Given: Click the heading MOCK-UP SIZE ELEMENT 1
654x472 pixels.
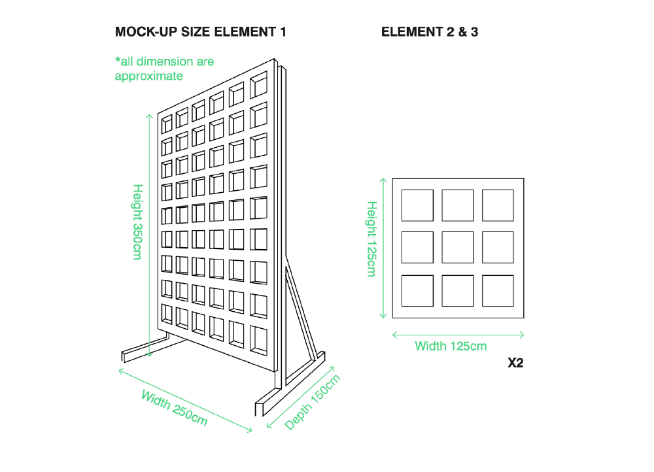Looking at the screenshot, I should tap(200, 32).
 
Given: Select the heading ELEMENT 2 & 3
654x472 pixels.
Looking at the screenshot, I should tap(429, 32).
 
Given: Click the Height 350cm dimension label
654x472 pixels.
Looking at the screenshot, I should tap(137, 222).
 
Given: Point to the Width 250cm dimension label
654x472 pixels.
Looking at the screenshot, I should tap(174, 408).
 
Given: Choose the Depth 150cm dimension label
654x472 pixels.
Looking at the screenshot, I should tap(313, 403).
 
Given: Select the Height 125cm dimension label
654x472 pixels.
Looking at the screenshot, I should tap(371, 239).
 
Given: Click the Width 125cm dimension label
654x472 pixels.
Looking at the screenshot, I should tap(451, 346).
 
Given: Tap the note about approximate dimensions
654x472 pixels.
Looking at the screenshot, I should tap(164, 69).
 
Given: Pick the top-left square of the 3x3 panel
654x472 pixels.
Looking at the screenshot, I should tap(417, 205).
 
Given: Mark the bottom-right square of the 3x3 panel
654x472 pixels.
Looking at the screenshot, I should tap(498, 291).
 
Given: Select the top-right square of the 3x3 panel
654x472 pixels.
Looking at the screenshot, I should tap(498, 205).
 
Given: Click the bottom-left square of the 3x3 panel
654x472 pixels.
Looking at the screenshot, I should tap(417, 291).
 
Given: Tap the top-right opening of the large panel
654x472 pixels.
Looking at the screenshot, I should tap(258, 86).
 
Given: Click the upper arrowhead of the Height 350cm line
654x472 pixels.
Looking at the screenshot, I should tap(149, 116).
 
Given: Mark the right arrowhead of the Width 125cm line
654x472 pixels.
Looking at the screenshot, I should tap(523, 335).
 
